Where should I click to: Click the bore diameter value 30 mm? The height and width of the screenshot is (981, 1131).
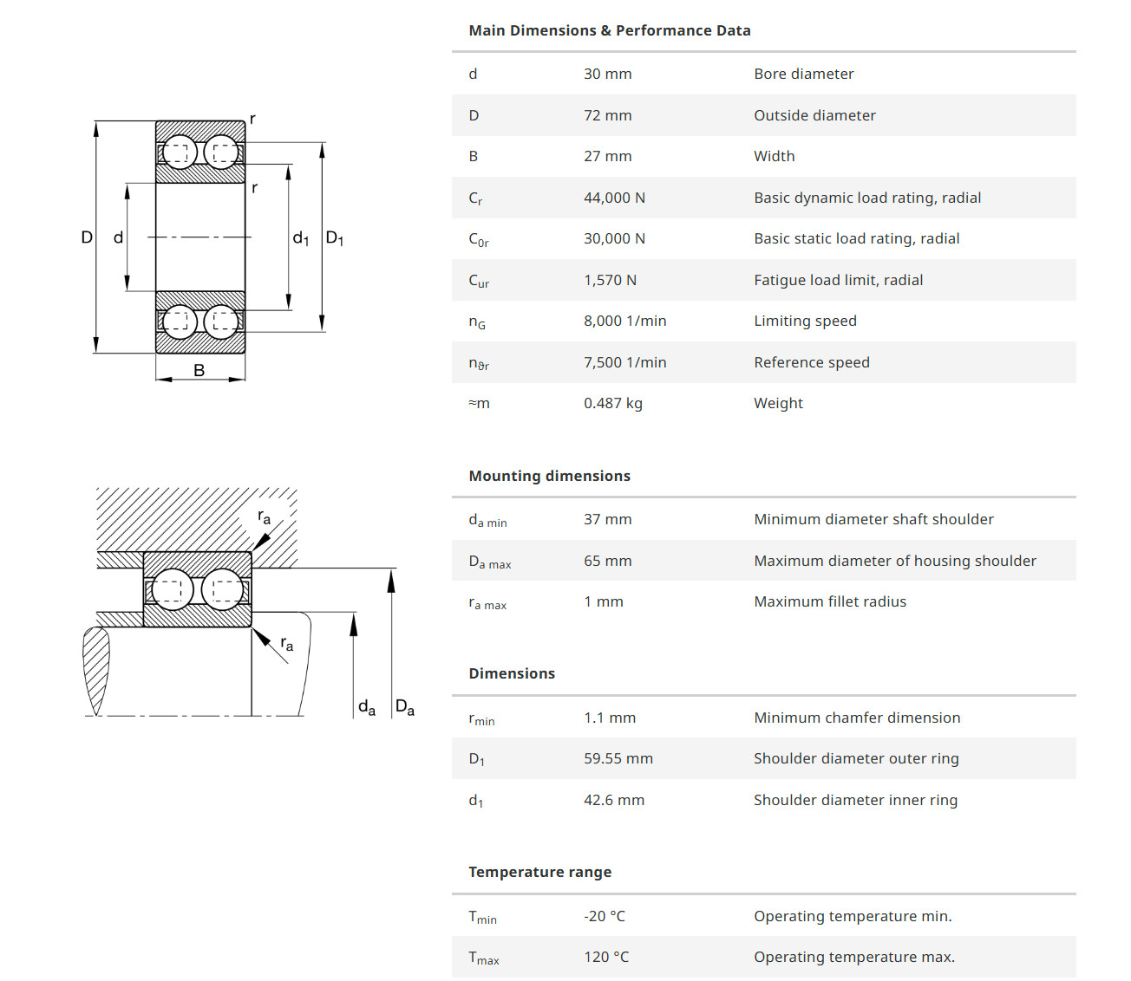tap(607, 74)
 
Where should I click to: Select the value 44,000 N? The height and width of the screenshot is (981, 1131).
tap(614, 198)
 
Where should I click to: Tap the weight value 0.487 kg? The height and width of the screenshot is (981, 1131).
tap(612, 403)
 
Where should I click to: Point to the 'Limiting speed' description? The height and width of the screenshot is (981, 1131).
tap(805, 321)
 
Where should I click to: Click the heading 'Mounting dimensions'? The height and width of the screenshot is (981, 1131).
tap(549, 476)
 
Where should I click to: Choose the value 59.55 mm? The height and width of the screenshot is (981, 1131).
tap(618, 758)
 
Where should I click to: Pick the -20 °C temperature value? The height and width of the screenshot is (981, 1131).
tap(605, 916)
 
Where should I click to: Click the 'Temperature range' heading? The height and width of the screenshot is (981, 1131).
tap(539, 872)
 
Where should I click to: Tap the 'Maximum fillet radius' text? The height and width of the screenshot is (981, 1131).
tap(830, 601)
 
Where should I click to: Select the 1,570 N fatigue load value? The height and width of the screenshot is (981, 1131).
tap(610, 280)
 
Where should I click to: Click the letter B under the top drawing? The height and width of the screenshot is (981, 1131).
tap(199, 370)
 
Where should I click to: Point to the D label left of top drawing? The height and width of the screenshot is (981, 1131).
tap(87, 237)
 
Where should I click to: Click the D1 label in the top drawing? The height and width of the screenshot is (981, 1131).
tap(335, 238)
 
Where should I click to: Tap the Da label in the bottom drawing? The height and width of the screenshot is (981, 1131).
tap(405, 707)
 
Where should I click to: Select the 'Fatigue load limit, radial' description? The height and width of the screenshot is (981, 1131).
tap(838, 280)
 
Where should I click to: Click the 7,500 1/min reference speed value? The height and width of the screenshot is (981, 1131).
tap(624, 362)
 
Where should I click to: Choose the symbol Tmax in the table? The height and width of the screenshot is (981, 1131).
tap(483, 958)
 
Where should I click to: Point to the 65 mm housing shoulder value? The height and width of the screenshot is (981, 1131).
tap(607, 561)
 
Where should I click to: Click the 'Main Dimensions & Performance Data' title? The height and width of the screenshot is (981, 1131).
tap(609, 30)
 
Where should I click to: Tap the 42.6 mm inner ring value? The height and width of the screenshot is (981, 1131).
tap(613, 800)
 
